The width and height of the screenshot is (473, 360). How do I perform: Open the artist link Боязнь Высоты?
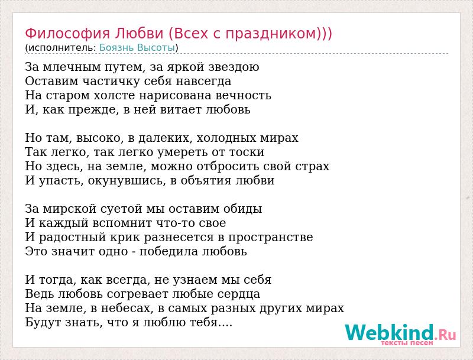pos(137,48)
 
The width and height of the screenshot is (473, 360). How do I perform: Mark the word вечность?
pos(243,96)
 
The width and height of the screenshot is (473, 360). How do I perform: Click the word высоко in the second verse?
pos(98,138)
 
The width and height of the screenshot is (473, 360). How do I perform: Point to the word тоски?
pos(247,153)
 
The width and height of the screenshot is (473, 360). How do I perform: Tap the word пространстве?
pos(270,237)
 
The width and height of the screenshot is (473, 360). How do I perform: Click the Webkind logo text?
pos(400,332)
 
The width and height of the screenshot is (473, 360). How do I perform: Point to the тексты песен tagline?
pos(407,343)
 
